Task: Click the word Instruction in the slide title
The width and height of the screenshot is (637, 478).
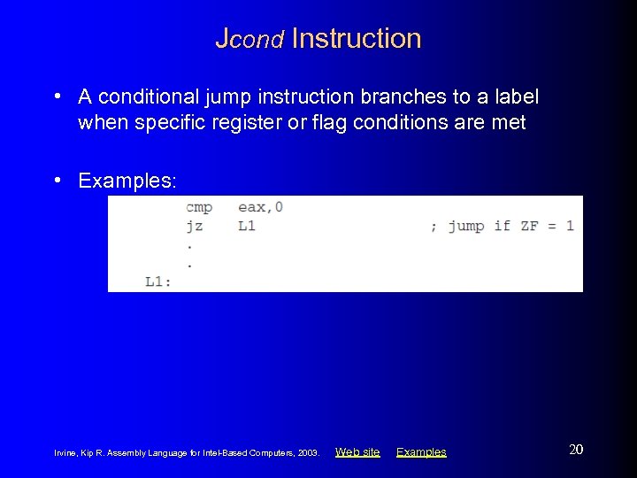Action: click(x=356, y=39)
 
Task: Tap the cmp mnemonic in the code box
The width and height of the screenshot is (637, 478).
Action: click(x=198, y=207)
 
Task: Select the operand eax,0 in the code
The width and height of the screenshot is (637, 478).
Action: click(x=260, y=207)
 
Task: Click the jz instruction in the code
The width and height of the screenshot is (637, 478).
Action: click(x=194, y=226)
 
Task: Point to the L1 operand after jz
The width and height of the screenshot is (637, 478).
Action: click(x=247, y=226)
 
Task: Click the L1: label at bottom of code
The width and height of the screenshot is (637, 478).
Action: click(x=158, y=281)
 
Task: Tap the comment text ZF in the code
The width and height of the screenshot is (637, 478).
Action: click(x=529, y=226)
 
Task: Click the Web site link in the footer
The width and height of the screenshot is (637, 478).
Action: click(x=357, y=452)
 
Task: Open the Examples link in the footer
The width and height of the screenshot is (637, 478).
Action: click(x=421, y=452)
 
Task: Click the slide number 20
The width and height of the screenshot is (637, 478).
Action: click(x=576, y=450)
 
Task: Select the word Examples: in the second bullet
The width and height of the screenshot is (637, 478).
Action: click(x=127, y=181)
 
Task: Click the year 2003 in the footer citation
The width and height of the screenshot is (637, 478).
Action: click(x=308, y=453)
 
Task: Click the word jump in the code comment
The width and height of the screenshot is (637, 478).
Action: click(x=465, y=226)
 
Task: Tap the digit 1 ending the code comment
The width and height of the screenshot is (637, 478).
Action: click(x=570, y=226)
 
